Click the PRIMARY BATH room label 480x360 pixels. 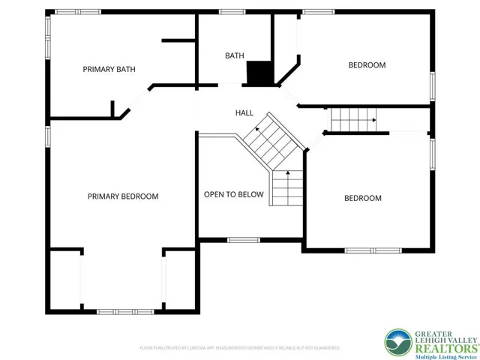(108, 69)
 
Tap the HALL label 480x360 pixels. (244, 112)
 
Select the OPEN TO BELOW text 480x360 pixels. (234, 195)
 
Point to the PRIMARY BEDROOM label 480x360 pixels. (123, 196)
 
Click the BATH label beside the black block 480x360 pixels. (235, 55)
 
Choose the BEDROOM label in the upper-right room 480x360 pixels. (367, 65)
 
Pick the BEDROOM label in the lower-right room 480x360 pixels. (362, 199)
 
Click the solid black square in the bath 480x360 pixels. (259, 73)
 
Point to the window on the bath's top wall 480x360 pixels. (232, 11)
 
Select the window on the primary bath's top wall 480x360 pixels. (79, 11)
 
